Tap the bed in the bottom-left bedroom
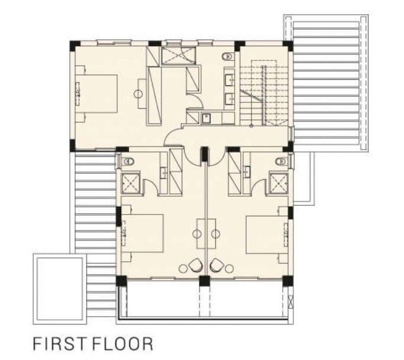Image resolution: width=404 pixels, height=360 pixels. (143, 234)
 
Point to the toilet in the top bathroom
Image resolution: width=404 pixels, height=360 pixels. (225, 57)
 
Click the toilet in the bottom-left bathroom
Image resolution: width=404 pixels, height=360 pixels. (125, 161)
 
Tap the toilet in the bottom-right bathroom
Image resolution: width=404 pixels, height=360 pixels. (282, 161)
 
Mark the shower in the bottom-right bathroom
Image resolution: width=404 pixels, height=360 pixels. (277, 182)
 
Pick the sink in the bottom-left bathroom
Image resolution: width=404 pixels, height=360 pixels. (163, 173)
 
